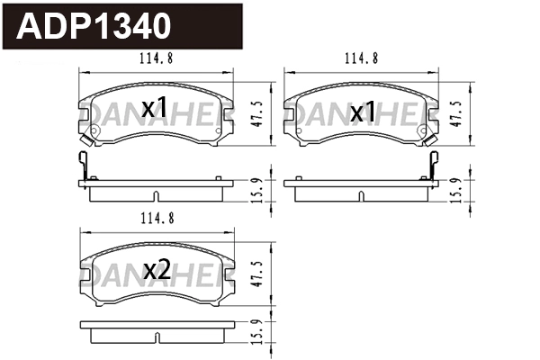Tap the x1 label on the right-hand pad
(362, 112)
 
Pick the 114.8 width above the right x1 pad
(361, 59)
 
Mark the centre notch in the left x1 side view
(157, 196)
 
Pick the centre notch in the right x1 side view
(361, 196)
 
